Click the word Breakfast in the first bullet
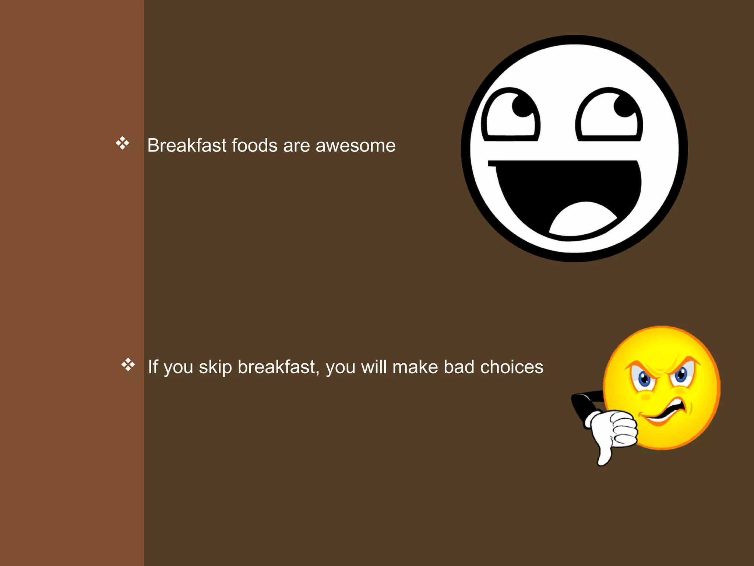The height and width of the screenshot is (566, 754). [187, 145]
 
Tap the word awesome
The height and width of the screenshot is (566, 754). [355, 146]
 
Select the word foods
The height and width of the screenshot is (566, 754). [254, 145]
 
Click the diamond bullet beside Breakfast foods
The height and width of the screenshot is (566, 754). [122, 143]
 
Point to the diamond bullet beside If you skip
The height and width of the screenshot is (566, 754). [128, 364]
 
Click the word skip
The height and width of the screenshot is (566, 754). [215, 368]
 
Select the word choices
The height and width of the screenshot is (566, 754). [511, 367]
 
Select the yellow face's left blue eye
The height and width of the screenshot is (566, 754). [644, 378]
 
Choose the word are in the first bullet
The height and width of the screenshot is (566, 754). [296, 146]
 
